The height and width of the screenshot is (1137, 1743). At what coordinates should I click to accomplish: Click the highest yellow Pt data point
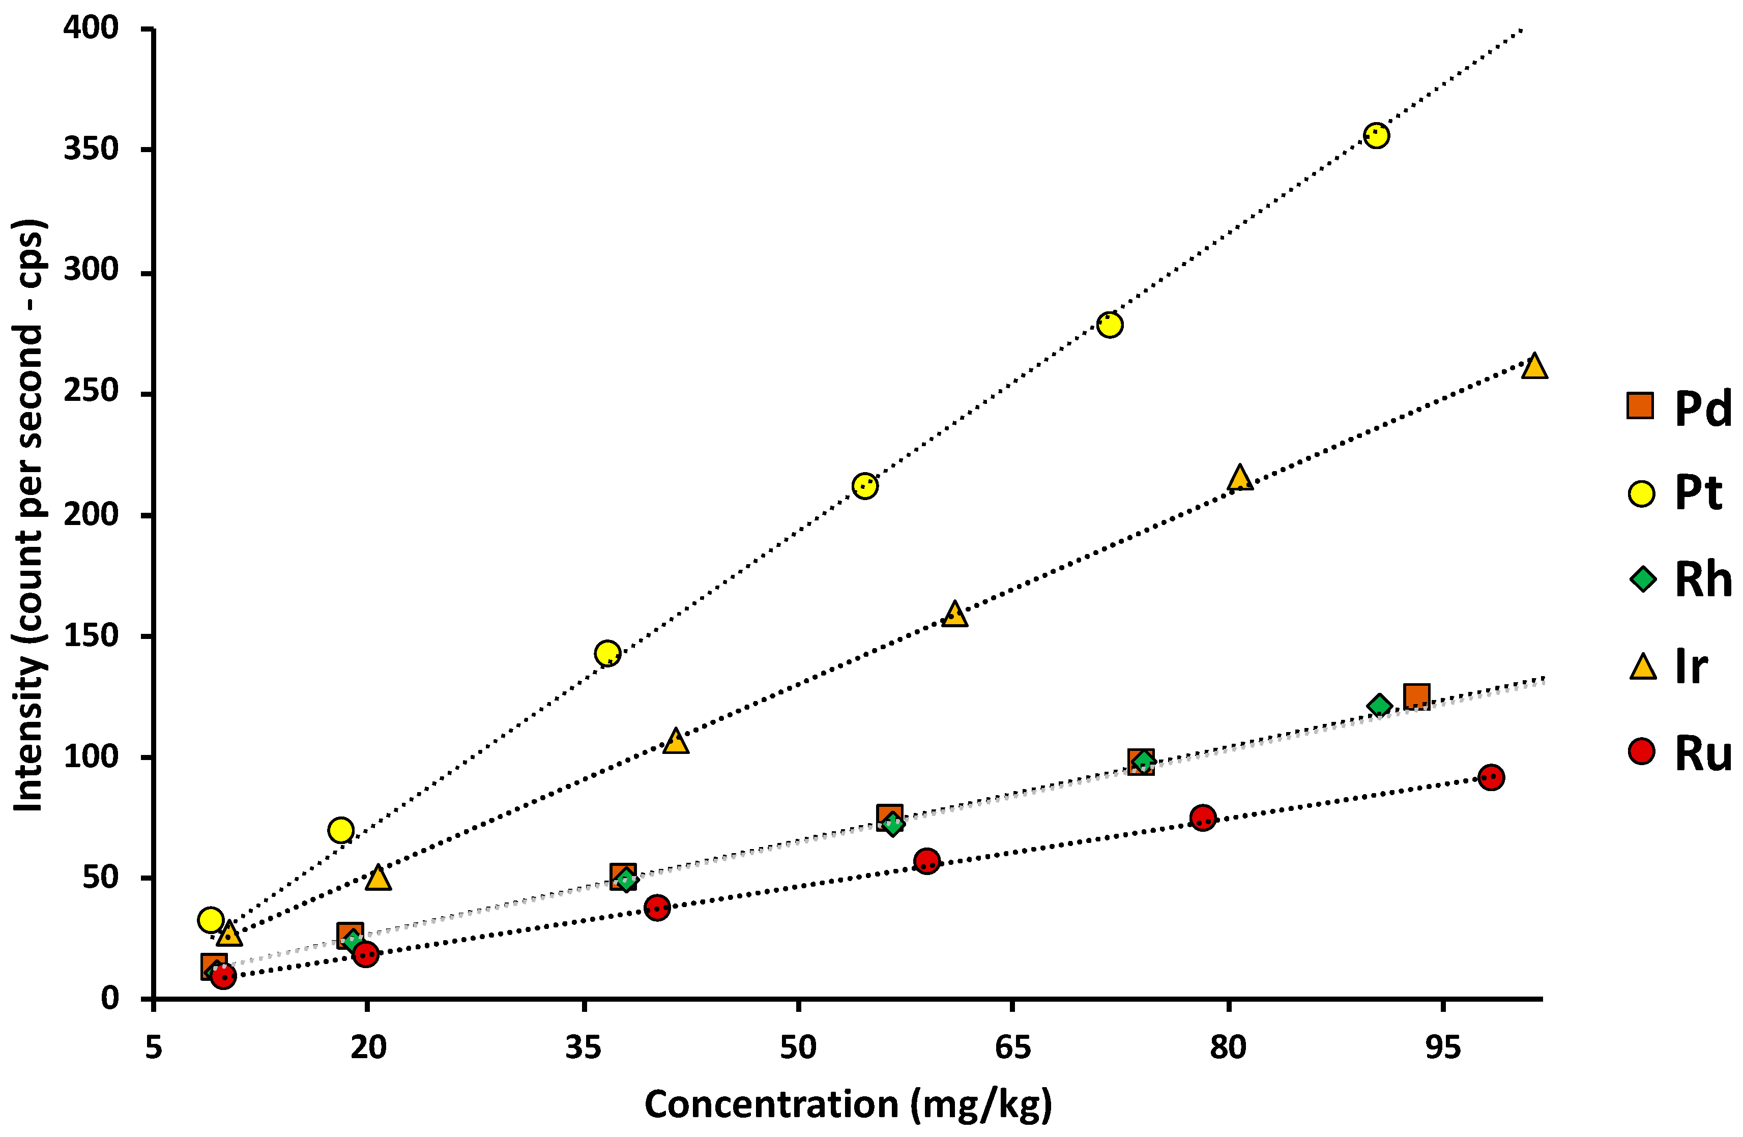1376,135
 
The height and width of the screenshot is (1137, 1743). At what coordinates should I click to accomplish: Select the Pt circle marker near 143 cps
607,653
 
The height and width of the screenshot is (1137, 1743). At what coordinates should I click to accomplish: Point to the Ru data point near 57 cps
927,861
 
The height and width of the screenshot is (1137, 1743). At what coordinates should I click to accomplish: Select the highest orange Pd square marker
1416,696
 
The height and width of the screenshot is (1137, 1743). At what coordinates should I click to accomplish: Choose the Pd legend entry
1677,408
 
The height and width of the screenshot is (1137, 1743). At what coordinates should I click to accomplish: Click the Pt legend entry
1677,493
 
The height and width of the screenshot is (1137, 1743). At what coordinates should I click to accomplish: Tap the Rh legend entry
1677,579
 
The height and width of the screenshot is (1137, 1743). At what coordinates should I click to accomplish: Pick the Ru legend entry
1677,752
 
